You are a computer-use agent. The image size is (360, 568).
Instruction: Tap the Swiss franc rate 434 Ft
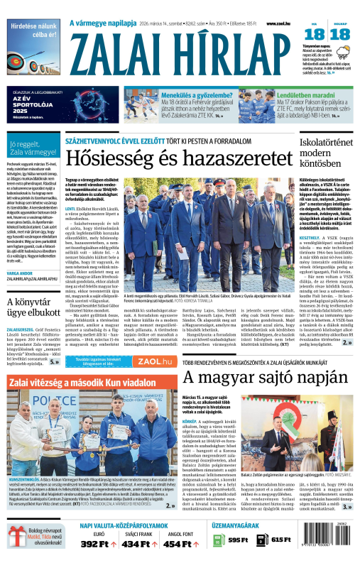(x=134, y=543)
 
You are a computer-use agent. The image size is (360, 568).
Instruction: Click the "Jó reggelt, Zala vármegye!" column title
(x=31, y=148)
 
